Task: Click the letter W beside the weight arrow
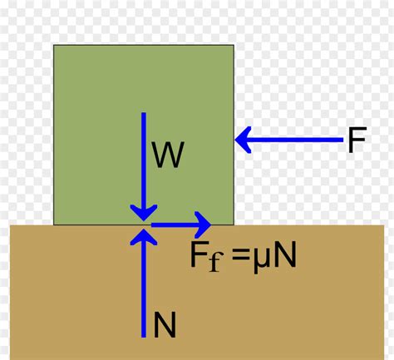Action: [x=167, y=155]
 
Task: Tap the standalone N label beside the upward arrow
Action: [x=165, y=324]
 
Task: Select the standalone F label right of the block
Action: [x=356, y=141]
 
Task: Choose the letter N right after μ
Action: [x=283, y=255]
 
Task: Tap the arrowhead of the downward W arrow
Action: [x=144, y=213]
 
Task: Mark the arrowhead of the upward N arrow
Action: [x=144, y=236]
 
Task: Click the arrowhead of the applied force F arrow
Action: [x=244, y=141]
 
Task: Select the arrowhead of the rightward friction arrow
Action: [x=202, y=224]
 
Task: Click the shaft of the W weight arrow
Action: [x=144, y=158]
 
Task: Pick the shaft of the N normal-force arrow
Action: [x=144, y=291]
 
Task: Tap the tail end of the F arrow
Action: [x=342, y=141]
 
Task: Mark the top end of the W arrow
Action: [x=144, y=113]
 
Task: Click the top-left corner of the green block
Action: [x=54, y=46]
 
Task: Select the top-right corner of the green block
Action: [x=234, y=46]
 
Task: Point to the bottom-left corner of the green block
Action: [x=54, y=224]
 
